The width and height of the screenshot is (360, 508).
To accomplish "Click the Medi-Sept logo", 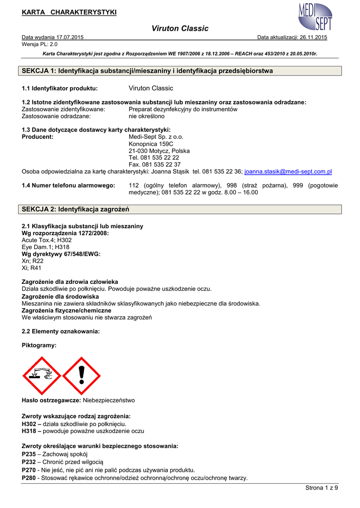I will pos(315,17).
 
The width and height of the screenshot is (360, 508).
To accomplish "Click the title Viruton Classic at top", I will pos(180,29).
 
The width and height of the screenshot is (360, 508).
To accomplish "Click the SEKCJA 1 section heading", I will pos(148,71).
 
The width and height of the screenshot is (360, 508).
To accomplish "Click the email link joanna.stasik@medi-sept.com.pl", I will pos(288,172).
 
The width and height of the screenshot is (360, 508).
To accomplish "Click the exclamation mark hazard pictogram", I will pos(81,376).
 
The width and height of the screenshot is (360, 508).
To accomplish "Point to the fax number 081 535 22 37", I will pos(154,165).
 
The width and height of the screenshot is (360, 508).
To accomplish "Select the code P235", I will pos(29,454).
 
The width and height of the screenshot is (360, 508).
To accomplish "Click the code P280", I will pos(29,478).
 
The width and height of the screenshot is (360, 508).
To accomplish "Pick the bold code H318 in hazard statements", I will pos(29,432).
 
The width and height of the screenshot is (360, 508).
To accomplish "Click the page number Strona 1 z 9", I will pos(321,488).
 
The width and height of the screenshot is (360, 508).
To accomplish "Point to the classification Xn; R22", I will pos(33,261).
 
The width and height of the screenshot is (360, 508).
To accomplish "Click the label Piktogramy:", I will pos(39,344).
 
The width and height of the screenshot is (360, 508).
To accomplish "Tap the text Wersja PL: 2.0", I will pos(40,44).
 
